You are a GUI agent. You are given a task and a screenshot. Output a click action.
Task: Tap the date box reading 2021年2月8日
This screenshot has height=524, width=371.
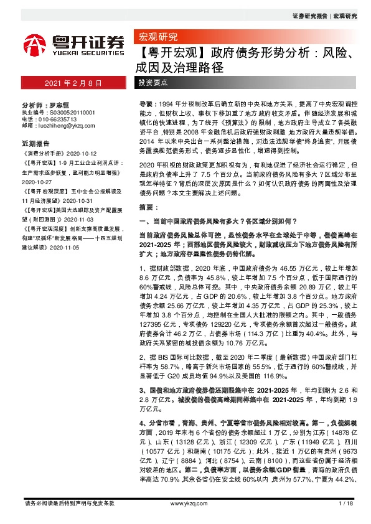(x=70, y=83)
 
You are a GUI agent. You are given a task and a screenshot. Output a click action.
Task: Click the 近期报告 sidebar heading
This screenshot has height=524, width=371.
(x=35, y=142)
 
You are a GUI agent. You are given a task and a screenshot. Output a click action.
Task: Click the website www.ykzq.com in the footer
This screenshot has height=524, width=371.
(x=185, y=503)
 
